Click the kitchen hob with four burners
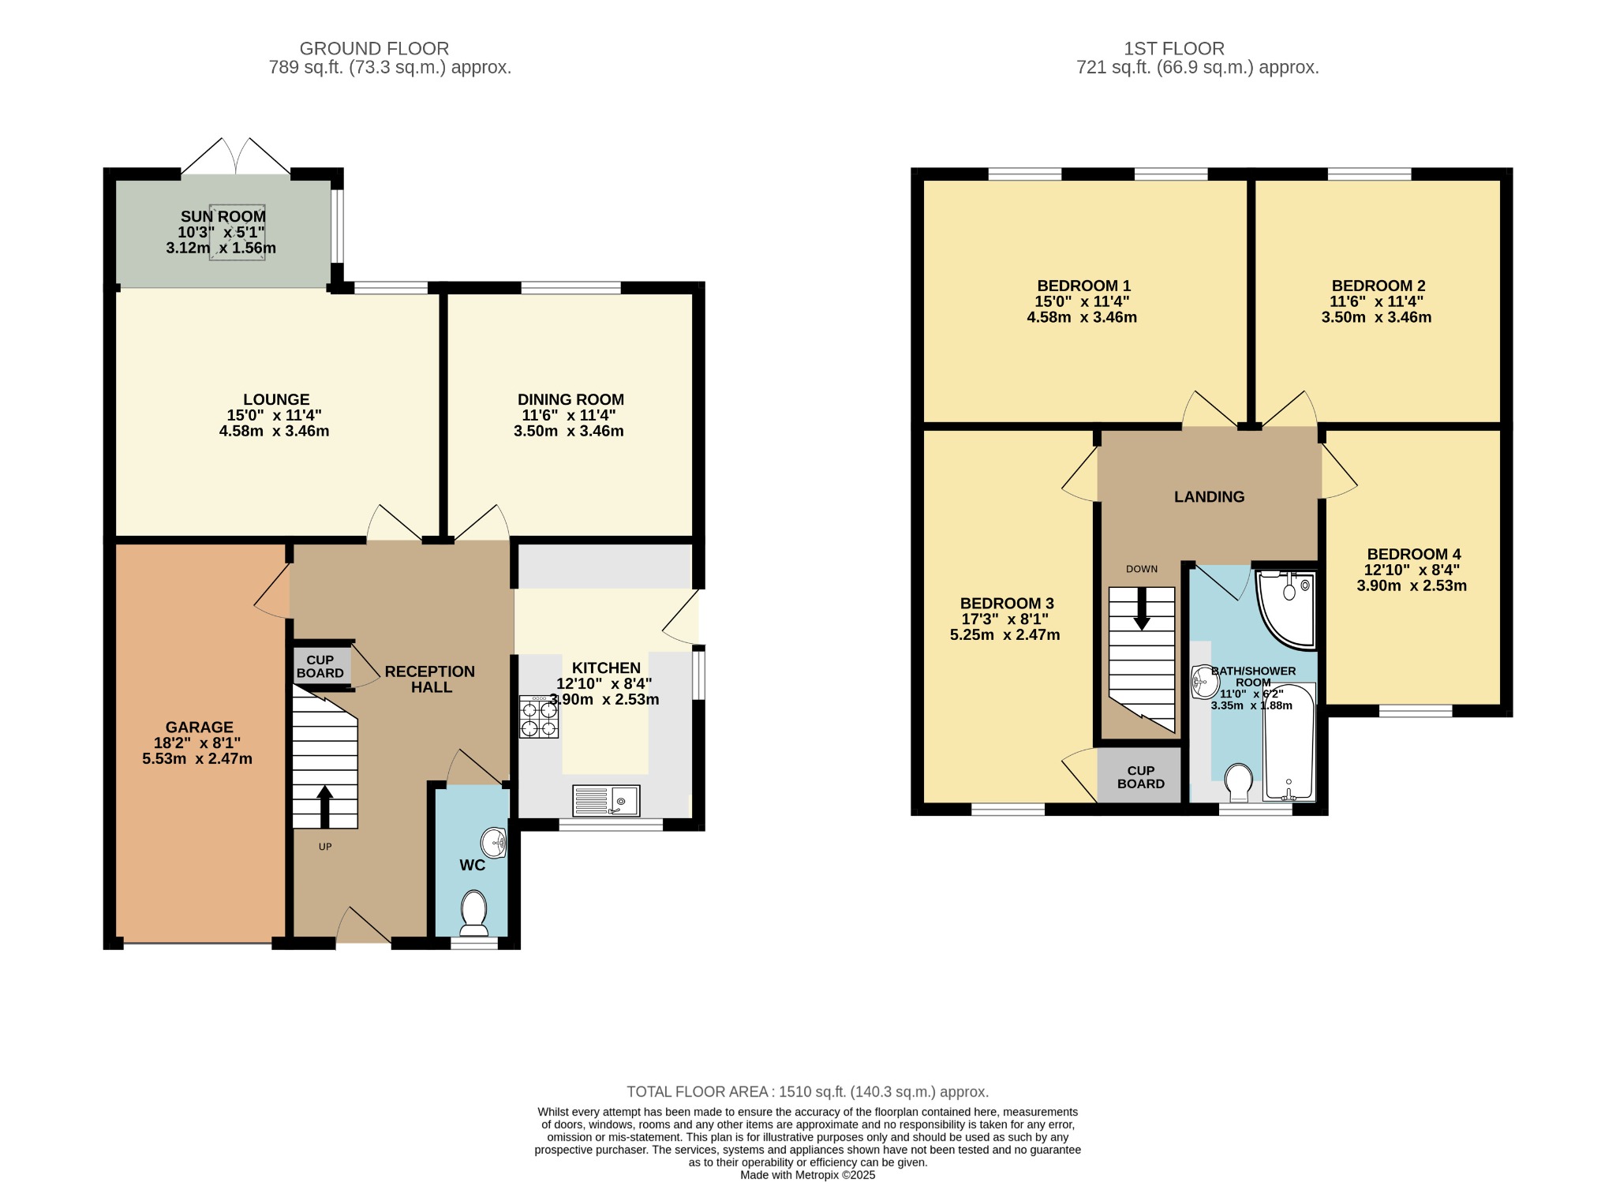539,716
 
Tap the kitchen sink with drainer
606,801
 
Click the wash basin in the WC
494,843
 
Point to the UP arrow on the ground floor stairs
324,806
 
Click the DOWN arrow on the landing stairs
1142,609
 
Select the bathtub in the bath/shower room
1289,742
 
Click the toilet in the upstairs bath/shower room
1239,782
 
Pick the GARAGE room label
200,728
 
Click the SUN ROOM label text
223,216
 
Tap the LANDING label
1209,497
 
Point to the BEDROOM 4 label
1414,554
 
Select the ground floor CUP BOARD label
320,667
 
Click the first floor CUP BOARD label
1141,777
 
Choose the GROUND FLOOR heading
374,49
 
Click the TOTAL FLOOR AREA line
807,1092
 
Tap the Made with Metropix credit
808,1175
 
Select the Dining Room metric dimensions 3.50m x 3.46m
569,431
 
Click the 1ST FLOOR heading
1174,49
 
